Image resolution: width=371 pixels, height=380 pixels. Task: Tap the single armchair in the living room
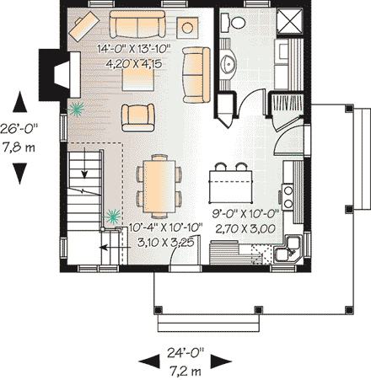pos(137,117)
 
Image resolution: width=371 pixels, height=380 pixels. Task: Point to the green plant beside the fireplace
pos(76,107)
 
